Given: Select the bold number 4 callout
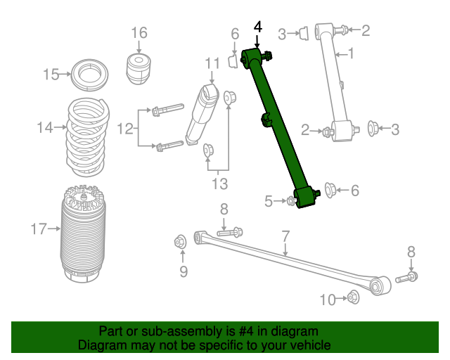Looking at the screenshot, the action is click(x=258, y=27).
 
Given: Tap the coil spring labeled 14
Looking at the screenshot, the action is click(x=88, y=137).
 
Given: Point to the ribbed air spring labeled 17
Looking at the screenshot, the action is click(x=83, y=234).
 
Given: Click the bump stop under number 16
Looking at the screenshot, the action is click(x=139, y=69).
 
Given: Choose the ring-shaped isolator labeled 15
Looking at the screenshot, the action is click(x=89, y=75).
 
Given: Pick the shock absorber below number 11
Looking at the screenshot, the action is click(x=202, y=115).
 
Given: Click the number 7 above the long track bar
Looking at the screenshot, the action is click(x=286, y=236).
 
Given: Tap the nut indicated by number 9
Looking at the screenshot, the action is click(x=181, y=242).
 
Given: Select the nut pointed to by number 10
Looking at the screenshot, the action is click(x=353, y=297).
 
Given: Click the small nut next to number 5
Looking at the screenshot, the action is click(x=291, y=200).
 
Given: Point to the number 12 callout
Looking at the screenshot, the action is click(x=125, y=129).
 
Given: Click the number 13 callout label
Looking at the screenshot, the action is click(x=219, y=184).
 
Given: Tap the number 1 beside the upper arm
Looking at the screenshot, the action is click(x=351, y=53).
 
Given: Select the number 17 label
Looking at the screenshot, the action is click(x=39, y=229).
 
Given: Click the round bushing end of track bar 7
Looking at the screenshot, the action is click(x=380, y=285).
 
